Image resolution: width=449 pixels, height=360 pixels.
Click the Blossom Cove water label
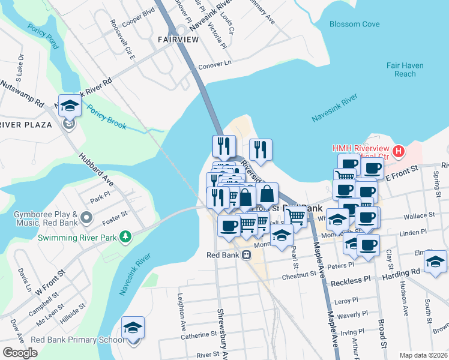coord(354,24)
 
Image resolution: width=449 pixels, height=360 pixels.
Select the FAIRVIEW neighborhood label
coord(178,40)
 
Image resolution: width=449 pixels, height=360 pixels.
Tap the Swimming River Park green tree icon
coord(125,236)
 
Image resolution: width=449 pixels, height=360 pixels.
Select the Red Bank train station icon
coord(246,255)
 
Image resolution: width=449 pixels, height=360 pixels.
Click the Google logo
coord(20,352)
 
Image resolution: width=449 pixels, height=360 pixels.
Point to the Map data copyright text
coord(423,355)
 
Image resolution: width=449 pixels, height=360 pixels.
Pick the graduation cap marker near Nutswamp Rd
coord(70,106)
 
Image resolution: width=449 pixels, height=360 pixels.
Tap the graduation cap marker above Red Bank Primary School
coord(133,328)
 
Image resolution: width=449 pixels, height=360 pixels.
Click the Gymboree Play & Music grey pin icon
coord(87,217)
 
